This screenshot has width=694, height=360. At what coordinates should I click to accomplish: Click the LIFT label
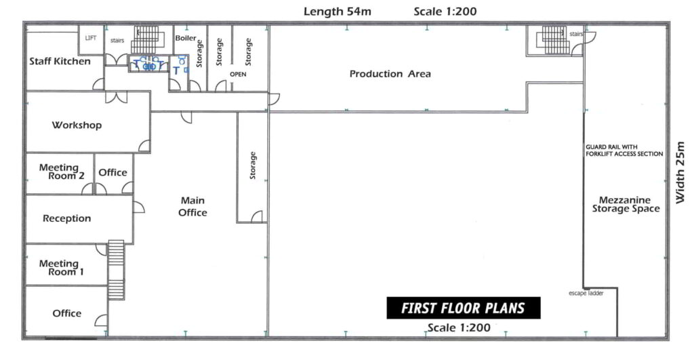click(x=90, y=38)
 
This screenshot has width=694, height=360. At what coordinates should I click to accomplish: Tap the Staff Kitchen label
click(x=60, y=61)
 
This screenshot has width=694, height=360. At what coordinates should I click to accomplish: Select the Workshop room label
click(x=77, y=125)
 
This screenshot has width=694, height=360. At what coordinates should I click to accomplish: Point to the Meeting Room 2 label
click(x=62, y=172)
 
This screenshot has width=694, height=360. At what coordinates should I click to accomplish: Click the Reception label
click(x=67, y=218)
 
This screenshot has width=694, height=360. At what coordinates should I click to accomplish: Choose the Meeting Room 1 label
click(x=61, y=267)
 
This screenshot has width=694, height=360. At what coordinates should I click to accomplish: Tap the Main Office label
click(x=192, y=206)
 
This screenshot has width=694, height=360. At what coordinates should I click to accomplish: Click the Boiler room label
click(x=186, y=38)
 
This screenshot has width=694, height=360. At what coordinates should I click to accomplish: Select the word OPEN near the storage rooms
click(x=238, y=75)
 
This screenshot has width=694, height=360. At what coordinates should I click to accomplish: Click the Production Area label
click(x=390, y=73)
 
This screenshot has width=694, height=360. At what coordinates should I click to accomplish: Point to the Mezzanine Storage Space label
click(x=626, y=204)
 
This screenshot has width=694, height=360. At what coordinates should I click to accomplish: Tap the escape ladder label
click(x=586, y=293)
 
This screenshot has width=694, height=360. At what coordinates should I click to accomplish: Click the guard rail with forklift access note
click(x=624, y=151)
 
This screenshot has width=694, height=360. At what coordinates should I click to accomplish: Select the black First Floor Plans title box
click(x=464, y=308)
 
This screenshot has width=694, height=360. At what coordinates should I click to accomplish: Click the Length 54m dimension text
click(x=338, y=12)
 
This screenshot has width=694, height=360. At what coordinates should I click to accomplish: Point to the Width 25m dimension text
click(x=680, y=172)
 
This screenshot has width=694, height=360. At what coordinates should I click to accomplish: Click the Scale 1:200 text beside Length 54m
click(x=445, y=12)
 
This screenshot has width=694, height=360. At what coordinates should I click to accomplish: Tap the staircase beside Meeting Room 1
click(x=117, y=270)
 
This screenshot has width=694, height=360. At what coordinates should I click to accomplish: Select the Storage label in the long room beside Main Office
click(x=253, y=165)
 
